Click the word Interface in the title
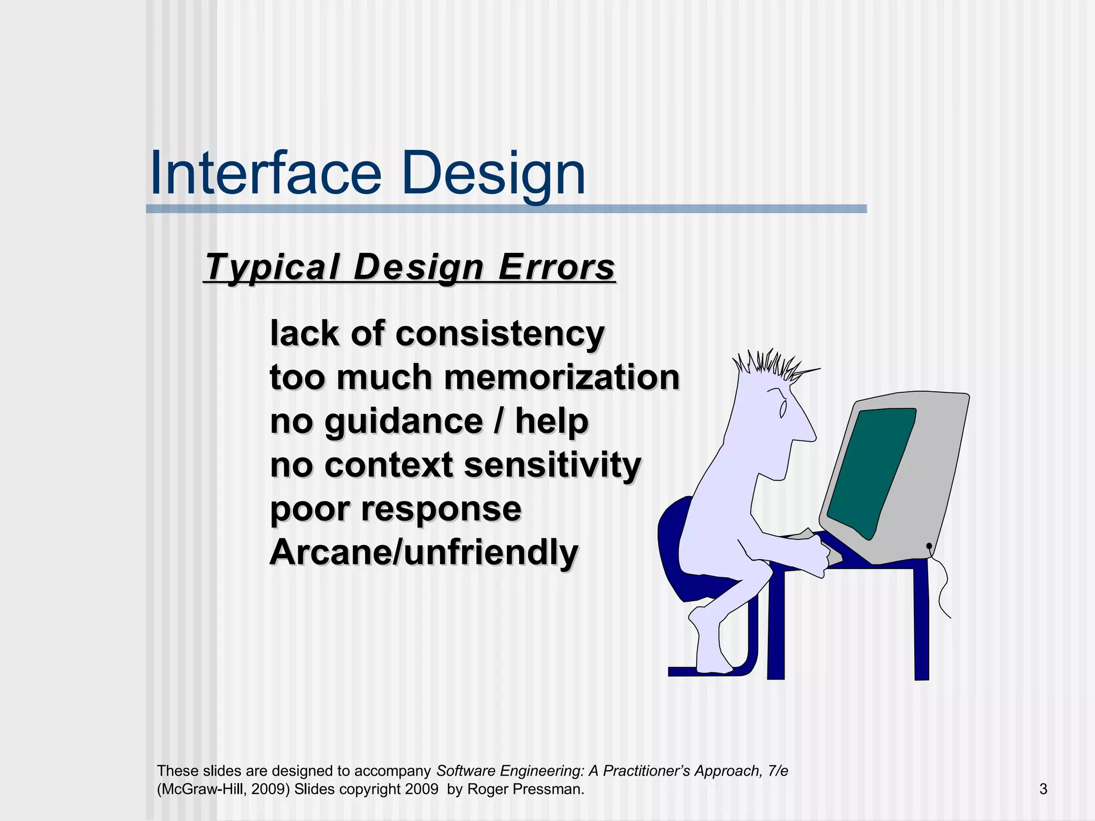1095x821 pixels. [x=266, y=174]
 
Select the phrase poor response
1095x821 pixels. [x=396, y=509]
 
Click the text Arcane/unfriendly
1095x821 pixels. [x=424, y=552]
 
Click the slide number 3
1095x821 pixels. [x=1043, y=789]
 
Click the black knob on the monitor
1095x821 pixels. [x=929, y=546]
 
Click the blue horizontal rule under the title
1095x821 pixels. [x=506, y=209]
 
